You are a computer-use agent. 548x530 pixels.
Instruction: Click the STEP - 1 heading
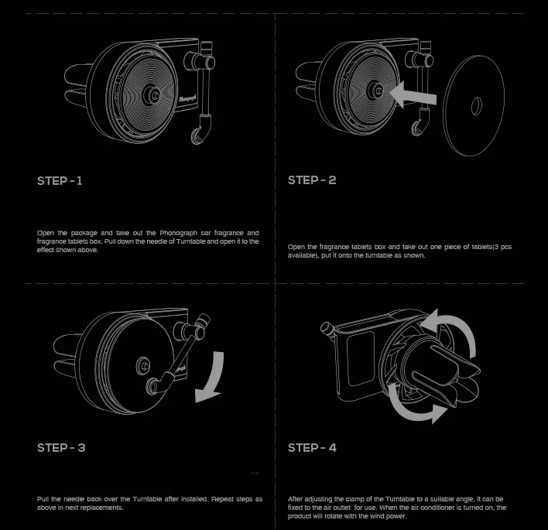pos(60,180)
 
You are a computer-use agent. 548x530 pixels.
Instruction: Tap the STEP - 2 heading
pos(312,180)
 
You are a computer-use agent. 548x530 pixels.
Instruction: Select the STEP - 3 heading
pos(61,447)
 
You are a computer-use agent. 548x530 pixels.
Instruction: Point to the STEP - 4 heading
pos(312,447)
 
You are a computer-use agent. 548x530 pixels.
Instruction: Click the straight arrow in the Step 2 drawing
pos(413,94)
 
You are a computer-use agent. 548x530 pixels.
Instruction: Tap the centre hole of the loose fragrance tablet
pos(476,106)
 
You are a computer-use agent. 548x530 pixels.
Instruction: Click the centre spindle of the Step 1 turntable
pos(152,94)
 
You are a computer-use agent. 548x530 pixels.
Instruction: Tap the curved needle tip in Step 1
pos(198,133)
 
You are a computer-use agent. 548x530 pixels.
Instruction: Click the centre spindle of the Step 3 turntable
pos(143,366)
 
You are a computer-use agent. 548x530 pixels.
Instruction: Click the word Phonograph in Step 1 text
pos(178,233)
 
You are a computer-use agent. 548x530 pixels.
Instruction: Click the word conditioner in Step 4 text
pos(440,508)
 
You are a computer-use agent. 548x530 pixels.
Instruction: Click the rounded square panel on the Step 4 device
pos(361,358)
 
